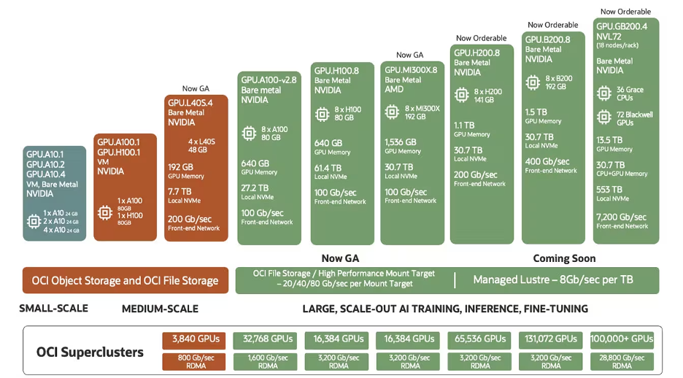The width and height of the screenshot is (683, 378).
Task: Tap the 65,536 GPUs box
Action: [x=480, y=339]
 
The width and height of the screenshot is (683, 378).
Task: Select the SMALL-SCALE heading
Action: [x=53, y=309]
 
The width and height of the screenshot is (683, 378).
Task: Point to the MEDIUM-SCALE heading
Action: [x=160, y=309]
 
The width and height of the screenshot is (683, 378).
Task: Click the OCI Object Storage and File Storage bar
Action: [x=124, y=280]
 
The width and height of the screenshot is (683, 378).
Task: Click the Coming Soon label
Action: [x=564, y=258]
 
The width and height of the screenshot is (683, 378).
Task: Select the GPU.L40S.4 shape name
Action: [x=190, y=103]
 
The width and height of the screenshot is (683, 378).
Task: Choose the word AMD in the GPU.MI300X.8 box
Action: [x=394, y=89]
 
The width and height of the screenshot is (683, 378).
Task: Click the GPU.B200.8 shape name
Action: [x=547, y=40]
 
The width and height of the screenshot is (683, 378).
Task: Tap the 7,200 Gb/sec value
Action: [x=622, y=217]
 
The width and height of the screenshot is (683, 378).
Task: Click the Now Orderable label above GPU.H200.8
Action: [x=481, y=38]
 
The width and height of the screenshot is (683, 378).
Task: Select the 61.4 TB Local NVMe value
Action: [x=327, y=167]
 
